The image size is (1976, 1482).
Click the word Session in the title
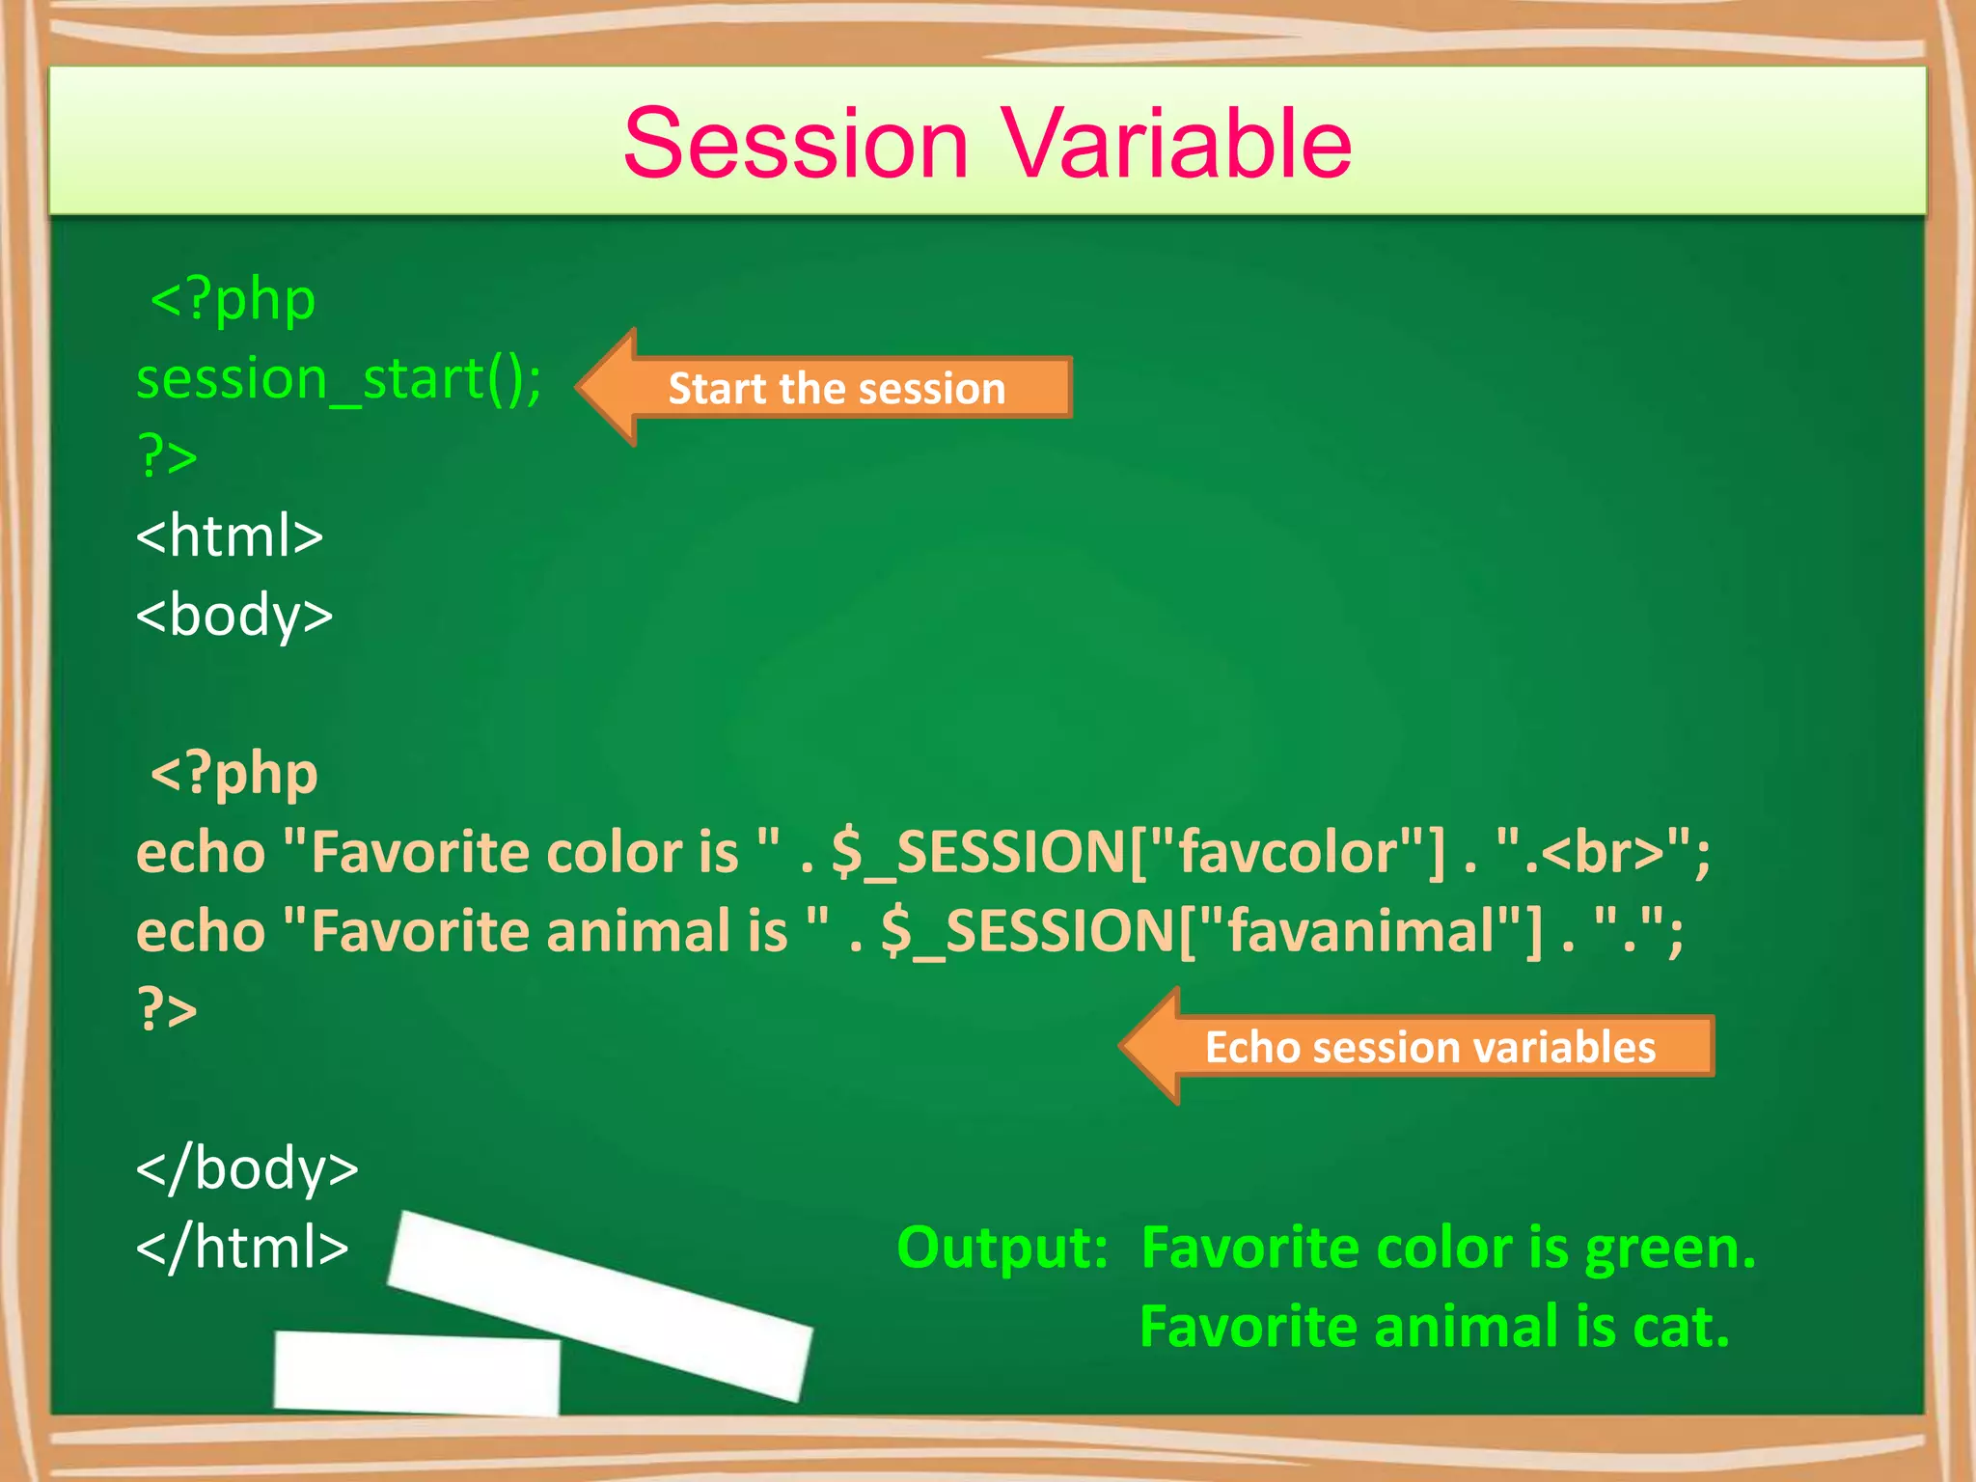pyautogui.click(x=795, y=145)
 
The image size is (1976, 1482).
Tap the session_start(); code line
pyautogui.click(x=339, y=379)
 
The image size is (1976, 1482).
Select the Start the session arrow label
pyautogui.click(x=836, y=389)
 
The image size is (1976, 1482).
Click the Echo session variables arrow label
pyautogui.click(x=1429, y=1048)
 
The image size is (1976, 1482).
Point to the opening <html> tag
pyautogui.click(x=230, y=536)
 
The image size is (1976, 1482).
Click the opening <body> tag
pyautogui.click(x=234, y=616)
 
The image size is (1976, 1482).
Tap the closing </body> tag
pyautogui.click(x=247, y=1169)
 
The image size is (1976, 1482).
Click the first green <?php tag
pyautogui.click(x=233, y=300)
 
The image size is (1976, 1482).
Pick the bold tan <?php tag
pyautogui.click(x=233, y=774)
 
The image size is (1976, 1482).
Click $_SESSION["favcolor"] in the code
pyautogui.click(x=1139, y=853)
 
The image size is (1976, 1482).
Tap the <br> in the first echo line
pyautogui.click(x=1603, y=853)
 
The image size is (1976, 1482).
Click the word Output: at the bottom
pyautogui.click(x=1002, y=1249)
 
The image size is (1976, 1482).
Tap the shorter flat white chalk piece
pyautogui.click(x=417, y=1373)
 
